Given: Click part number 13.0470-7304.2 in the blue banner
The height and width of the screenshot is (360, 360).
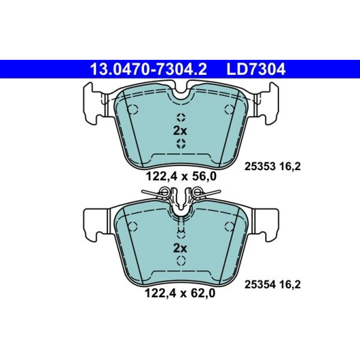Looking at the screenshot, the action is coord(149,69).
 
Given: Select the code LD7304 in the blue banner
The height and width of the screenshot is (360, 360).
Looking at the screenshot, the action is coord(256,69).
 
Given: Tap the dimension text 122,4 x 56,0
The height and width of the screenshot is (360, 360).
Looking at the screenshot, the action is coord(181,177).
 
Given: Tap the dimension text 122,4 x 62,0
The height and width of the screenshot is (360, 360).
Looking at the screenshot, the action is coord(180,293).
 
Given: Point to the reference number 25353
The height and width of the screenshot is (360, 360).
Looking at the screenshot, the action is coord(259,167).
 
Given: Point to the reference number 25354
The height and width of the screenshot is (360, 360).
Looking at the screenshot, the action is coord(259,285).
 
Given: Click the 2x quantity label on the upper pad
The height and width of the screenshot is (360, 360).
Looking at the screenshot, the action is coord(180,131).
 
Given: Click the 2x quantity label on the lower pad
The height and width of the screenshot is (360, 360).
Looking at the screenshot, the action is coord(180,248).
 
